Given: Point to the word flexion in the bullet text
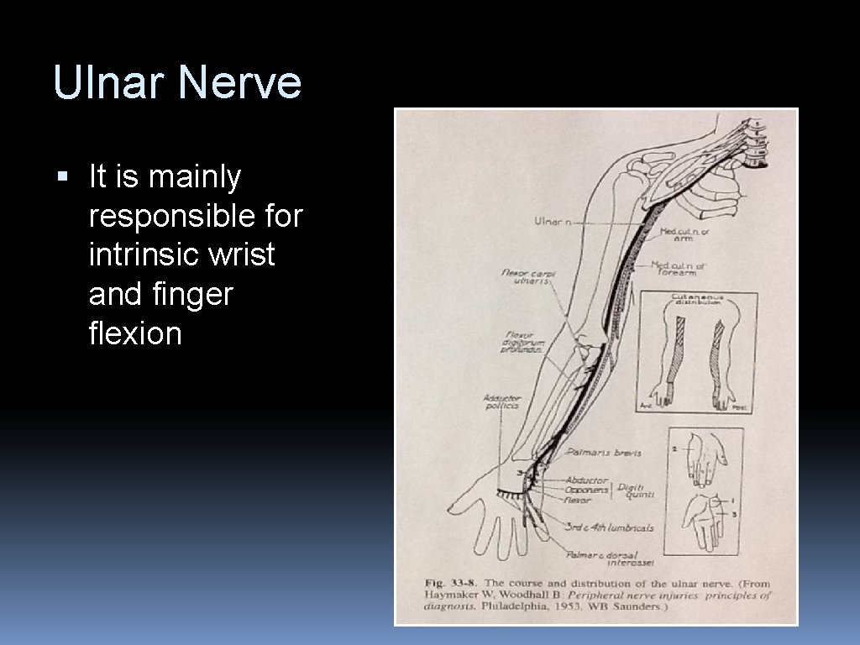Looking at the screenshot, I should (x=134, y=333).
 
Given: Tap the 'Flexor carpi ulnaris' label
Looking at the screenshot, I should (x=528, y=276).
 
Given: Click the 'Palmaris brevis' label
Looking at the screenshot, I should (x=604, y=453).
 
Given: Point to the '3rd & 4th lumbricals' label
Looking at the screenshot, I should (x=610, y=527).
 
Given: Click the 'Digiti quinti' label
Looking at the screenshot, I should (x=636, y=490).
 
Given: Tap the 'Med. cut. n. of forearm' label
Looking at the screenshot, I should (x=679, y=269).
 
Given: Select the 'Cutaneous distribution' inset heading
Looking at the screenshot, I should (x=698, y=300).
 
